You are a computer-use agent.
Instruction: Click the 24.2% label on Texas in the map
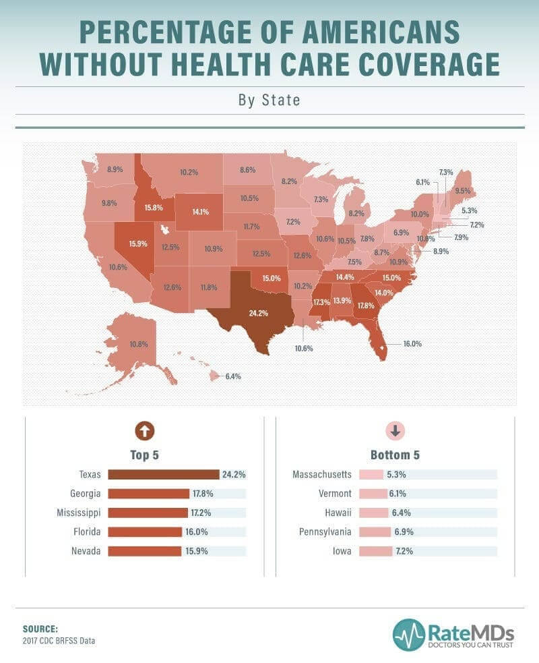(259, 313)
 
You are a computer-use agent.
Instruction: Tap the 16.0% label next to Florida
(412, 343)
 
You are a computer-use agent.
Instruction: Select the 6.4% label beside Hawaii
(232, 376)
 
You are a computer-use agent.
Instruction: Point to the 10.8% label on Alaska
(138, 344)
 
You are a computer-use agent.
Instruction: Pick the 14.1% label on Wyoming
(200, 211)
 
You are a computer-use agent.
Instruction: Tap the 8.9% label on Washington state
(115, 169)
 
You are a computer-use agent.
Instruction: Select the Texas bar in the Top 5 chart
(164, 474)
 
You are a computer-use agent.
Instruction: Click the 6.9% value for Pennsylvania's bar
(403, 532)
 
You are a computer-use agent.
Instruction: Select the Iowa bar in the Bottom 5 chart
(375, 551)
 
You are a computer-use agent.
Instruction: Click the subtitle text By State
(269, 100)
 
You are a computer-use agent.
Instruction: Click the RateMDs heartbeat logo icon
(409, 635)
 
